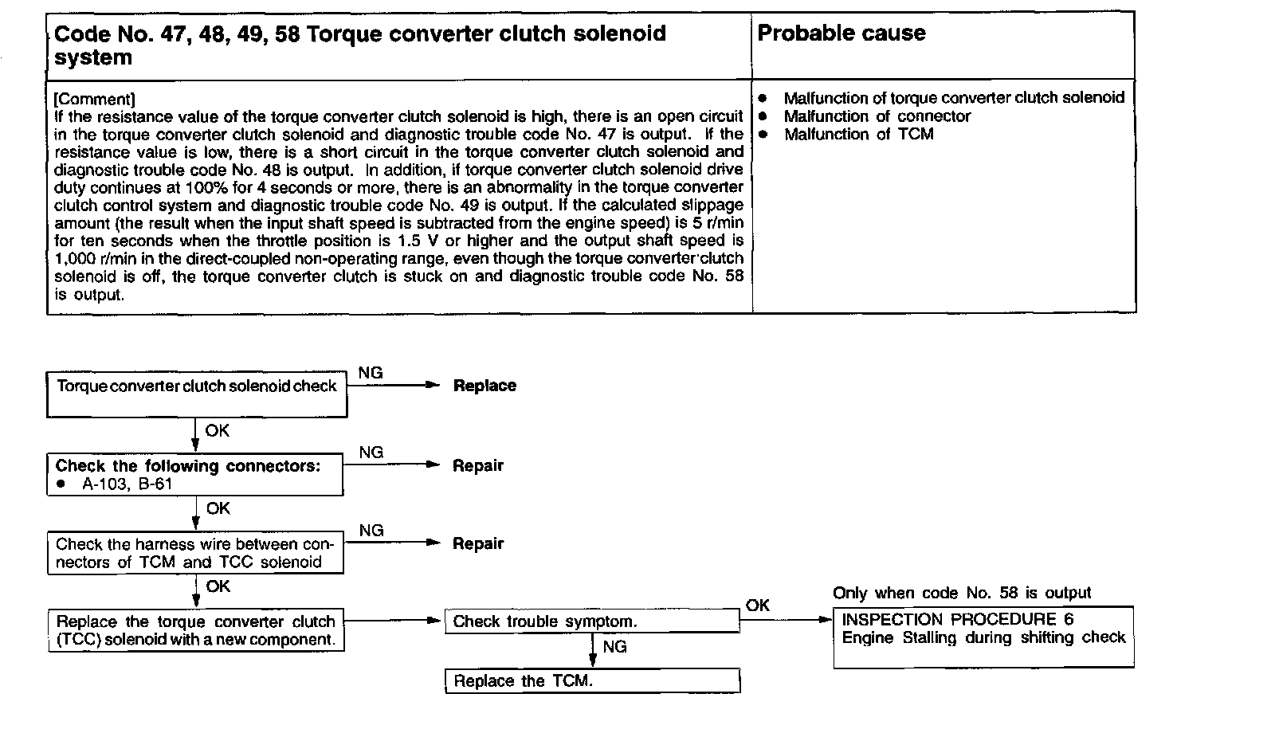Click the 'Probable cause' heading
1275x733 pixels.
click(841, 33)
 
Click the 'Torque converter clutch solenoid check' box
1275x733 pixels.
click(197, 394)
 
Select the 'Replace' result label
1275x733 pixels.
click(484, 386)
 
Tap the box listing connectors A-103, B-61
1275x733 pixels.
click(194, 475)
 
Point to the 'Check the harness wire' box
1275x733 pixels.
click(194, 553)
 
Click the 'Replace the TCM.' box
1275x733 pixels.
click(592, 681)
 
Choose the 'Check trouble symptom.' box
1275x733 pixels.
click(592, 621)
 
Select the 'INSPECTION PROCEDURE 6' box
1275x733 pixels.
click(983, 637)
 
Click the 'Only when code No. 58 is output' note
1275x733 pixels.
click(962, 593)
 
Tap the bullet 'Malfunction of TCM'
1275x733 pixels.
click(858, 135)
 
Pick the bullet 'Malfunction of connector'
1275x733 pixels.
click(877, 116)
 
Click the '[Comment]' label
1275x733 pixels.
click(94, 99)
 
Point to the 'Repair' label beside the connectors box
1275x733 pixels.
click(478, 465)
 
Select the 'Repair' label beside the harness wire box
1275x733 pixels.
click(478, 543)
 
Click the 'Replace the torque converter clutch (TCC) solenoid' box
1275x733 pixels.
click(196, 631)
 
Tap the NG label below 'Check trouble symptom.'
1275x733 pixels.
click(614, 647)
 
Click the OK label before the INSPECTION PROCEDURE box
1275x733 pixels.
click(757, 606)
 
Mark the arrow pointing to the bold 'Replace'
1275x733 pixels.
click(394, 385)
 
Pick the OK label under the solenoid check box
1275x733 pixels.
click(217, 430)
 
